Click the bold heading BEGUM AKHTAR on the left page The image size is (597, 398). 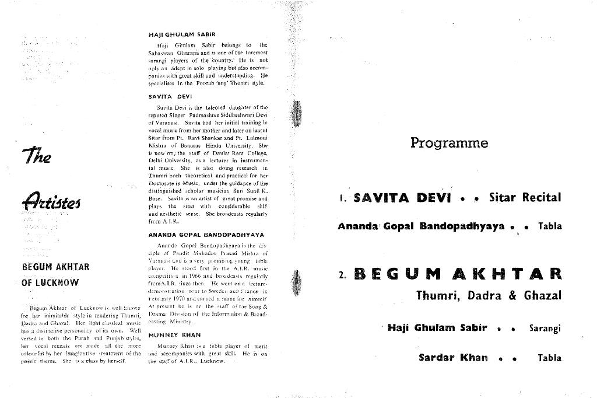pos(55,267)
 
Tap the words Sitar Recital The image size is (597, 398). pos(525,197)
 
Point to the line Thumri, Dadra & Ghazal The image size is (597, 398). pos(489,295)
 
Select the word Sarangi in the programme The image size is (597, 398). pos(545,329)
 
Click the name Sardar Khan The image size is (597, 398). pos(453,358)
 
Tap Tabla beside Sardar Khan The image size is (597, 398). pos(549,358)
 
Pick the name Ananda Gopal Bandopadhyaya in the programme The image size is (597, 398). pos(421,226)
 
